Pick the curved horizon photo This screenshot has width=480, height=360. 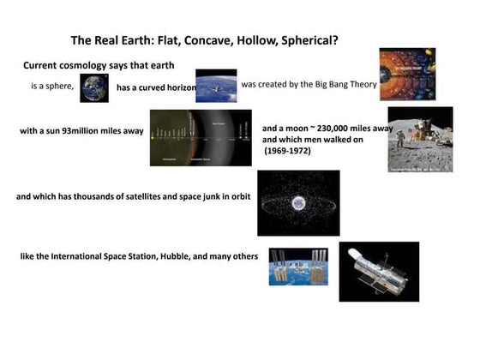click(215, 86)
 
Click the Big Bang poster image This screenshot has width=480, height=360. click(407, 74)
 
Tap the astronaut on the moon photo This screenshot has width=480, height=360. click(419, 140)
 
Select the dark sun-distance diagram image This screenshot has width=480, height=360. click(201, 137)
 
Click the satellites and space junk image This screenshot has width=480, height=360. click(298, 203)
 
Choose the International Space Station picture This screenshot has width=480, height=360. click(298, 267)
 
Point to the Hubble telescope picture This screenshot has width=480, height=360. click(378, 271)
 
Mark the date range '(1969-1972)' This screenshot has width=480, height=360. click(287, 151)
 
